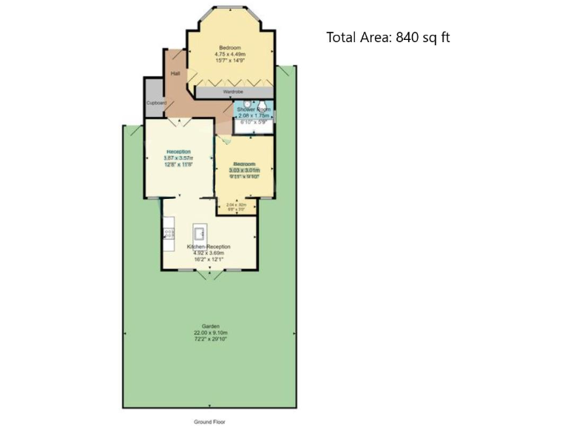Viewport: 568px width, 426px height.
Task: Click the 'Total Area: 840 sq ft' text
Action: [x=388, y=38]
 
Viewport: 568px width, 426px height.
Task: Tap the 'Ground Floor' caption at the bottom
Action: [x=209, y=421]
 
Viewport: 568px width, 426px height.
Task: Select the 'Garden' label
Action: [x=211, y=325]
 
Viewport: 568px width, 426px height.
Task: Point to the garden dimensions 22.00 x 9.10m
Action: [x=211, y=333]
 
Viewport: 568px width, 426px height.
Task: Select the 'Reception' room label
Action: [x=178, y=152]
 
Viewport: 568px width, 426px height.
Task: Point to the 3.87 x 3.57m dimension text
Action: [x=178, y=158]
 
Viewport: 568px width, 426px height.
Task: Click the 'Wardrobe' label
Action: [x=233, y=92]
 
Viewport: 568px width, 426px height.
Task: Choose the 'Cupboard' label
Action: [x=156, y=103]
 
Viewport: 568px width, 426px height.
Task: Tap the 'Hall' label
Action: [x=175, y=74]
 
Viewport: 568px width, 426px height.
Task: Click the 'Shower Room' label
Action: [x=254, y=109]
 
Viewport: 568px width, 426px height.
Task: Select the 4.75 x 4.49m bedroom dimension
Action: [x=230, y=54]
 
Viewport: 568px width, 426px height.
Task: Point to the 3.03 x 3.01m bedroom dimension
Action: [x=245, y=170]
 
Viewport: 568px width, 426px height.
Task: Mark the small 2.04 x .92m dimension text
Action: [x=236, y=205]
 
